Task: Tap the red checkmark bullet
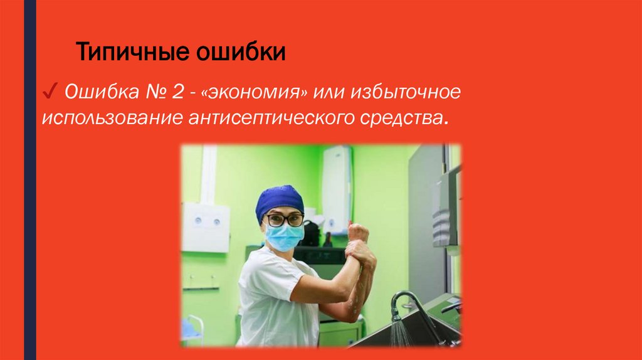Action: pyautogui.click(x=50, y=93)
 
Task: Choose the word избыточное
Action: pyautogui.click(x=409, y=93)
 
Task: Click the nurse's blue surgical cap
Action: pyautogui.click(x=280, y=200)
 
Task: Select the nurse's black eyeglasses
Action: pyautogui.click(x=284, y=220)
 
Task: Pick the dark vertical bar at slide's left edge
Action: pyautogui.click(x=29, y=180)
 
